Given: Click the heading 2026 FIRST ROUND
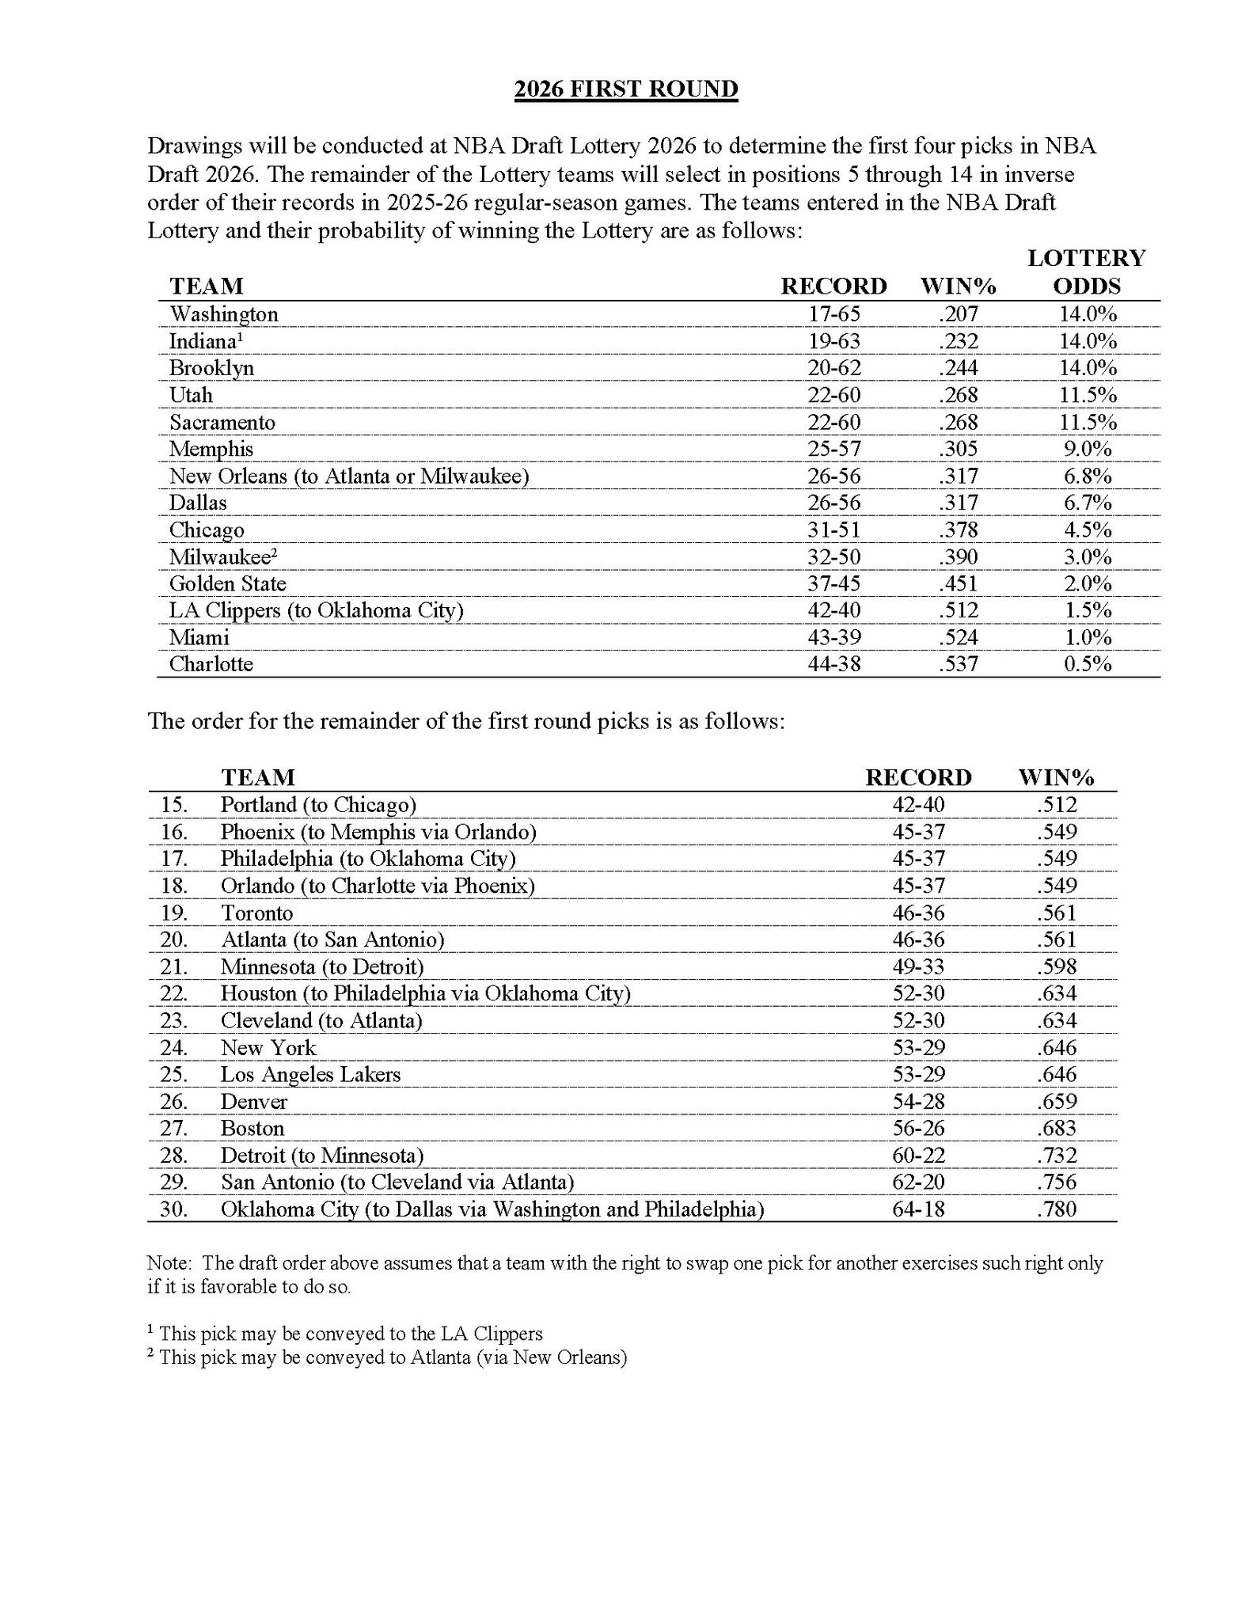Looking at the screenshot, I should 625,89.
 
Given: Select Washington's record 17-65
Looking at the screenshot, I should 833,314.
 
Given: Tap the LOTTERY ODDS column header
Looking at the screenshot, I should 1086,271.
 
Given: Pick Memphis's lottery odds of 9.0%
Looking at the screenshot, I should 1088,449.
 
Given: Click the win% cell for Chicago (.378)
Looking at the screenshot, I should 959,530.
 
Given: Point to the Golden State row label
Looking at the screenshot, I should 228,583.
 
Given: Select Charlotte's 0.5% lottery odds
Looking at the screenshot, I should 1088,664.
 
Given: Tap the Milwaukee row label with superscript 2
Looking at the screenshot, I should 222,556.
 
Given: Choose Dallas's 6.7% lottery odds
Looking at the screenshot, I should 1088,503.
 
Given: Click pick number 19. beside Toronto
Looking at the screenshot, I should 173,913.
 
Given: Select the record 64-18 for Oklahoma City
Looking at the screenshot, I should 918,1209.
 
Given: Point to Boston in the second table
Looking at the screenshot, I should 252,1128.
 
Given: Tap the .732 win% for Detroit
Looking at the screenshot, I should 1057,1155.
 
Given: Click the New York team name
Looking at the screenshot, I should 268,1047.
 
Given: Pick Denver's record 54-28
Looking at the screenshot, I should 918,1101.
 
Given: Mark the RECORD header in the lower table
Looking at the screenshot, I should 918,777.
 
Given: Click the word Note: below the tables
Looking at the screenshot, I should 168,1263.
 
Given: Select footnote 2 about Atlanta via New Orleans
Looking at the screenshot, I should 388,1357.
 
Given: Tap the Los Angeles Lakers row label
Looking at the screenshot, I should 310,1074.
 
